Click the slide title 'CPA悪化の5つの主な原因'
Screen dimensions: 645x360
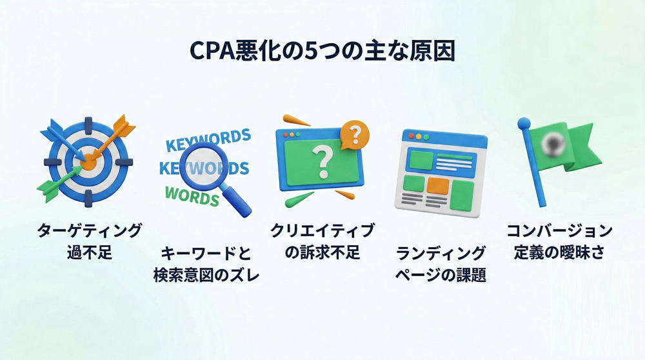point(322,51)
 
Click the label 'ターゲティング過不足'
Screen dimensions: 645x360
point(89,241)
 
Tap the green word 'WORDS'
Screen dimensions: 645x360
point(192,195)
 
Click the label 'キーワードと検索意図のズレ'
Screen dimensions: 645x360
point(206,264)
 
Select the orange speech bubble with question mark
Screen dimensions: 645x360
point(354,135)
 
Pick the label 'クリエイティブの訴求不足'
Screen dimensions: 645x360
point(322,241)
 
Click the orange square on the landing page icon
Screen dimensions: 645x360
point(438,186)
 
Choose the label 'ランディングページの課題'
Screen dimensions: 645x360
point(441,264)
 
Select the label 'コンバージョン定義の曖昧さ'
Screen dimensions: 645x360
point(559,241)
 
